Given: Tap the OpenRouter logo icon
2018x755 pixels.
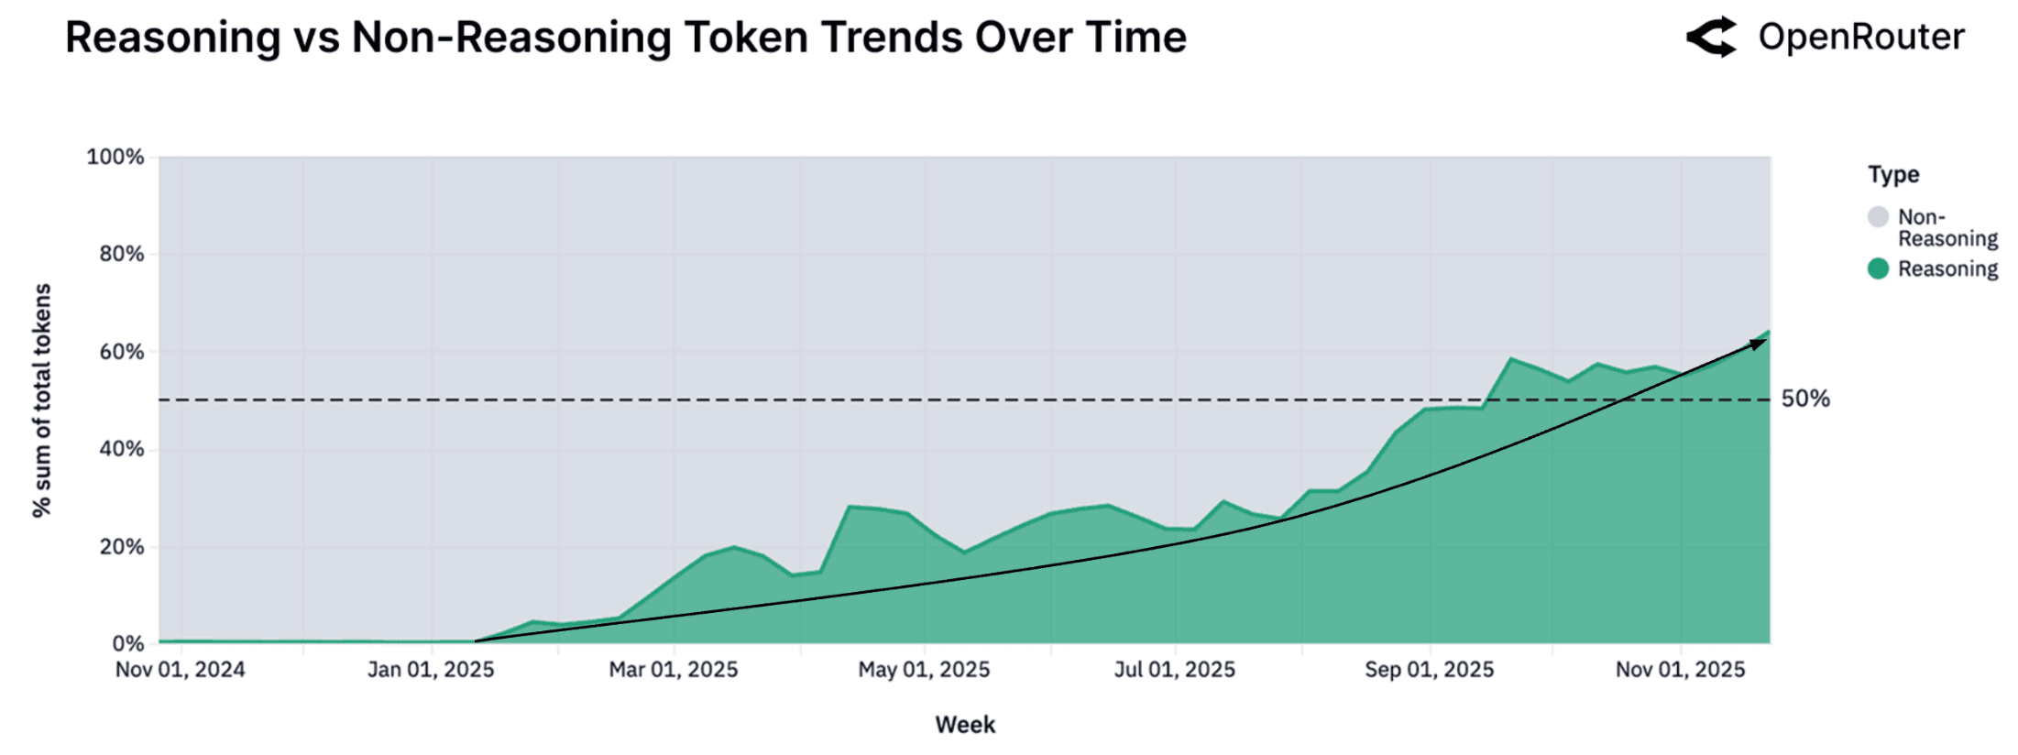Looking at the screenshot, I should [x=1711, y=38].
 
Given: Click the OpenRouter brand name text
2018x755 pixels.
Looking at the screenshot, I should [x=1860, y=38].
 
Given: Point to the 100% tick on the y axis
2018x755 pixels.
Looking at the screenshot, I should [x=115, y=157].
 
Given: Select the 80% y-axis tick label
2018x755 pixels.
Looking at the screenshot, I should [x=121, y=254].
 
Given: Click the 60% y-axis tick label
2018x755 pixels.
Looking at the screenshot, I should [x=121, y=352].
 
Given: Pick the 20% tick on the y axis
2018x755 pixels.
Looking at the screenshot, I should [x=121, y=547].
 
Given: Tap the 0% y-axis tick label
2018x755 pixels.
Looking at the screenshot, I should [x=127, y=643].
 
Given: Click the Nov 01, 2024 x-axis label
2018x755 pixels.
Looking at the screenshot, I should [x=181, y=670].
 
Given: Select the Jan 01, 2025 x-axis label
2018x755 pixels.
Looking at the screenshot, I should [x=431, y=670].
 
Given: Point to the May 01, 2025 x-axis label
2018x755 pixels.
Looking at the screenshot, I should [x=924, y=670].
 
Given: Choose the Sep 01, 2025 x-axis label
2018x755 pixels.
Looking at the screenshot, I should [x=1429, y=670].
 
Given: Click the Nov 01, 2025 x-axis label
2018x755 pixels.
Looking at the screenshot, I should [x=1680, y=670].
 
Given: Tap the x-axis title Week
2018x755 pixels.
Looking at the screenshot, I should [x=965, y=725].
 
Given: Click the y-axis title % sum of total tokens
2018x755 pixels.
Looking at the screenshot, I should [x=42, y=400].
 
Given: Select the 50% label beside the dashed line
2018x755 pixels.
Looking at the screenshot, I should [x=1804, y=399].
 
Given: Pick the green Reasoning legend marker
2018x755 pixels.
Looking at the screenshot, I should [x=1878, y=268].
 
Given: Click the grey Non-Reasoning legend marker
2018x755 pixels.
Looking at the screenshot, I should [x=1878, y=217].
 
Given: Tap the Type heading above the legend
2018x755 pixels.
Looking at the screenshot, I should [x=1893, y=174].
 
